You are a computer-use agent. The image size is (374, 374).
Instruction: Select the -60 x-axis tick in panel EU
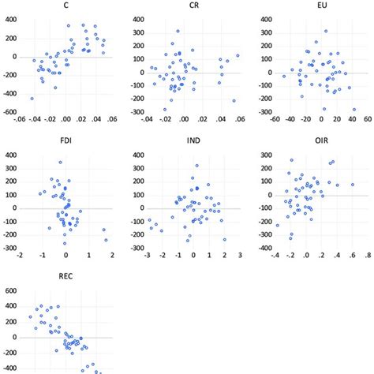275,121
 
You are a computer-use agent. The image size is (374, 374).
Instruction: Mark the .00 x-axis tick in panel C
66,121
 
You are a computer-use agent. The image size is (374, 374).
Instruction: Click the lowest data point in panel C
32,99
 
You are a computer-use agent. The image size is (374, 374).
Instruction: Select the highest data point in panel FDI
60,163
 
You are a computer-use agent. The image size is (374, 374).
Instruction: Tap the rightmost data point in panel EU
354,110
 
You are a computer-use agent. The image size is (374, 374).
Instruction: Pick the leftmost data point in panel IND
149,220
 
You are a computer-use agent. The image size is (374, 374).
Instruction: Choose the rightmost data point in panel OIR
352,185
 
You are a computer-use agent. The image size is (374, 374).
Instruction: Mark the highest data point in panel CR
178,32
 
